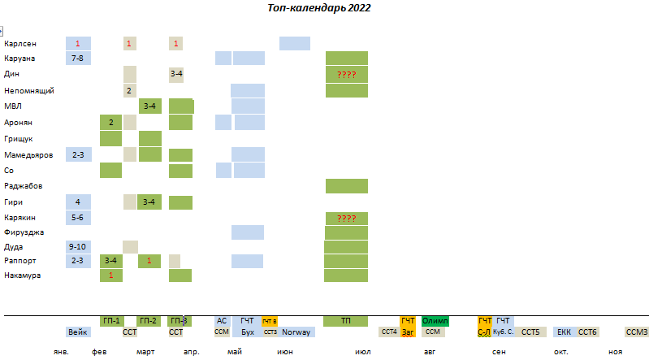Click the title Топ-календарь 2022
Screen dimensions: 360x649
click(319, 8)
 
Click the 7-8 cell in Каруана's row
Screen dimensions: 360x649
click(78, 59)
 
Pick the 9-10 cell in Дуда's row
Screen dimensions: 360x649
click(78, 246)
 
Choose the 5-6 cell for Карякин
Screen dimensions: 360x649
click(78, 218)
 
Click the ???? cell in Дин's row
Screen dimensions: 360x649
click(347, 74)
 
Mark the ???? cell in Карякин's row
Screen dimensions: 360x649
click(347, 218)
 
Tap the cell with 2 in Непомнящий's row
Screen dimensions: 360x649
click(129, 90)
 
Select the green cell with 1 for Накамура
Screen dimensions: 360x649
click(110, 275)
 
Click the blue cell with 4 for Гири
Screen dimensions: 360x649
click(78, 202)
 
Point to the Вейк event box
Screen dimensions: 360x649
click(78, 332)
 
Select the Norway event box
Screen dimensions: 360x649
click(297, 332)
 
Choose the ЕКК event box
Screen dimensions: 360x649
click(564, 332)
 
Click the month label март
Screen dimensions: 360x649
click(146, 352)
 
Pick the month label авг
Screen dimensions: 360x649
click(429, 352)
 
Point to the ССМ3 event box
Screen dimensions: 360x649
click(636, 332)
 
